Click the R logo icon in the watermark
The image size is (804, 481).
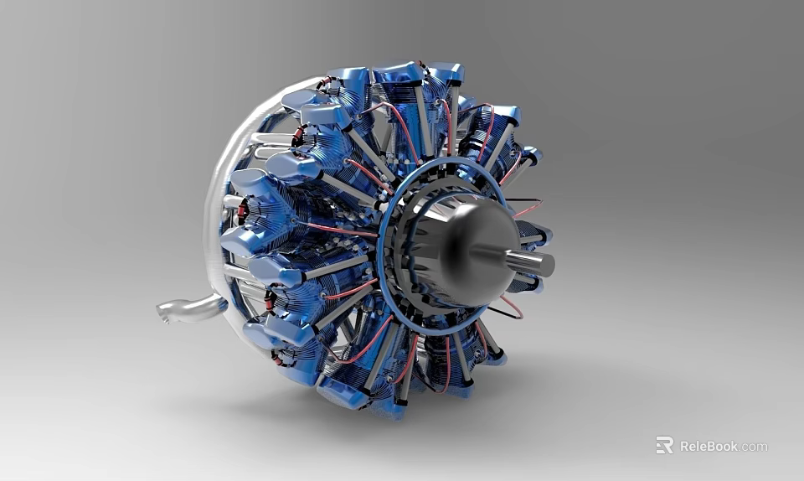(664, 445)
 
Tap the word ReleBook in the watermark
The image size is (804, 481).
(709, 446)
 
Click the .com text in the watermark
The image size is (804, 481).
(754, 447)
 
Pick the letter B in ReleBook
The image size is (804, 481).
(710, 446)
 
